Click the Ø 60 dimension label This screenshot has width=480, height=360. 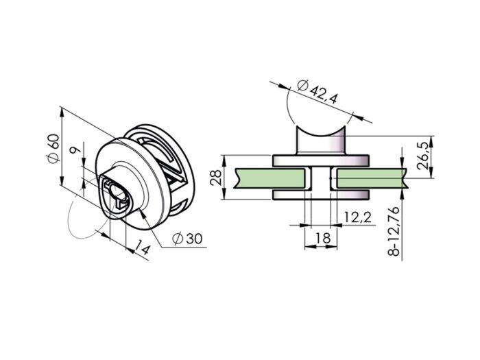53,149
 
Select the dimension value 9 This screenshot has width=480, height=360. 75,150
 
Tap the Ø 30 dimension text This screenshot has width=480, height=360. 187,238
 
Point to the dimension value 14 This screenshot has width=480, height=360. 143,248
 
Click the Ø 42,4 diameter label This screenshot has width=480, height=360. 317,91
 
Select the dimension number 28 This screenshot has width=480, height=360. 216,177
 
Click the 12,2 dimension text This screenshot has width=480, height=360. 357,217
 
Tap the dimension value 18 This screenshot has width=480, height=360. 322,237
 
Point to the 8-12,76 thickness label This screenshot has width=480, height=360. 394,231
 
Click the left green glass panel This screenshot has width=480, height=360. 269,178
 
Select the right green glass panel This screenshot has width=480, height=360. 372,178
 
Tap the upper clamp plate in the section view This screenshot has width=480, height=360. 320,160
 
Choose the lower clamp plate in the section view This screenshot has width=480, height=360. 320,195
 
